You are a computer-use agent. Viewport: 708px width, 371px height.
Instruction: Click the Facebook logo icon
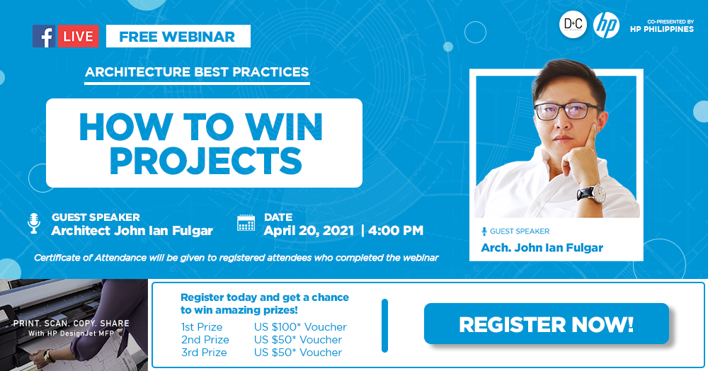[x=44, y=36]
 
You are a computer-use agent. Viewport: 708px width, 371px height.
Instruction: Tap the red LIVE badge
[x=78, y=36]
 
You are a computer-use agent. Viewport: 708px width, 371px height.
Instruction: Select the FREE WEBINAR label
[x=178, y=36]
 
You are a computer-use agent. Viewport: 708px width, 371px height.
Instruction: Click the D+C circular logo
[x=573, y=24]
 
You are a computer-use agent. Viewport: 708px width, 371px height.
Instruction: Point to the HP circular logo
[x=606, y=24]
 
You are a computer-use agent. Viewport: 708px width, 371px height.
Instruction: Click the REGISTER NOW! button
[x=547, y=324]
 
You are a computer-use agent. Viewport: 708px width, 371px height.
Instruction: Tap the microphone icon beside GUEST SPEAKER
[x=34, y=223]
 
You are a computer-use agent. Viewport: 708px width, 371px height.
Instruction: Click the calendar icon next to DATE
[x=246, y=223]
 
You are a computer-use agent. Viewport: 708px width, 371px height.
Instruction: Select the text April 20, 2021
[x=309, y=231]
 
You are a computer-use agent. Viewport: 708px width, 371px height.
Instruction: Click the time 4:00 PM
[x=396, y=231]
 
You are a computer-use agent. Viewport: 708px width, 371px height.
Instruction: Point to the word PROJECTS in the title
[x=205, y=161]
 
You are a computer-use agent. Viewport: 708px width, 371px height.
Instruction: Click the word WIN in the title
[x=284, y=127]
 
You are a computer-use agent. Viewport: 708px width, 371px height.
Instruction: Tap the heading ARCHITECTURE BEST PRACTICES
[x=197, y=72]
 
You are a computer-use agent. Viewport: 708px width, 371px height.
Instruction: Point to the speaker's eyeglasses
[x=567, y=110]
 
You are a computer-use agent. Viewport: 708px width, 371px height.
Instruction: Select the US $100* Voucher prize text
[x=300, y=327]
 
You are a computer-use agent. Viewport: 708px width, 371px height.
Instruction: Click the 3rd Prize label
[x=204, y=353]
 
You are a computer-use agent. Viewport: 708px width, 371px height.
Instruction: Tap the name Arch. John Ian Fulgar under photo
[x=542, y=247]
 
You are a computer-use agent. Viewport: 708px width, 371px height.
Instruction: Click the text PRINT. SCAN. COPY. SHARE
[x=72, y=323]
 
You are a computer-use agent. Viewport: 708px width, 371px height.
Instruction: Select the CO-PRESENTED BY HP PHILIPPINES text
[x=662, y=26]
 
